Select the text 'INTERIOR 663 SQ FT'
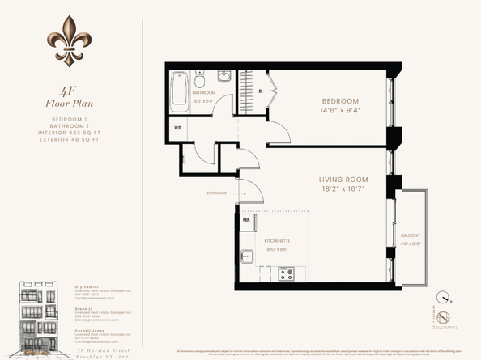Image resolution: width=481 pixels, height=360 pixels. coord(70,133)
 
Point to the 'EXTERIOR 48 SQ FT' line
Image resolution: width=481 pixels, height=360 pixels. coord(70,140)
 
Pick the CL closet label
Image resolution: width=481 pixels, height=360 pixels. coord(260,91)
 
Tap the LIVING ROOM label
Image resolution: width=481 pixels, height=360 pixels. coord(343,180)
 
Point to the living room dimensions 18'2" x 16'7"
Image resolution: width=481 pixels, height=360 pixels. coord(343,190)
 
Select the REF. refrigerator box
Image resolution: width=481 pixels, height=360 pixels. coord(246,221)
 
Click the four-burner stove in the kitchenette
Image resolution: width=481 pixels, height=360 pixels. coord(286,273)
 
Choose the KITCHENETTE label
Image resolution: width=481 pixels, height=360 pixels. coord(278,241)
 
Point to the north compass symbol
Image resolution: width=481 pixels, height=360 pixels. coord(442,296)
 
